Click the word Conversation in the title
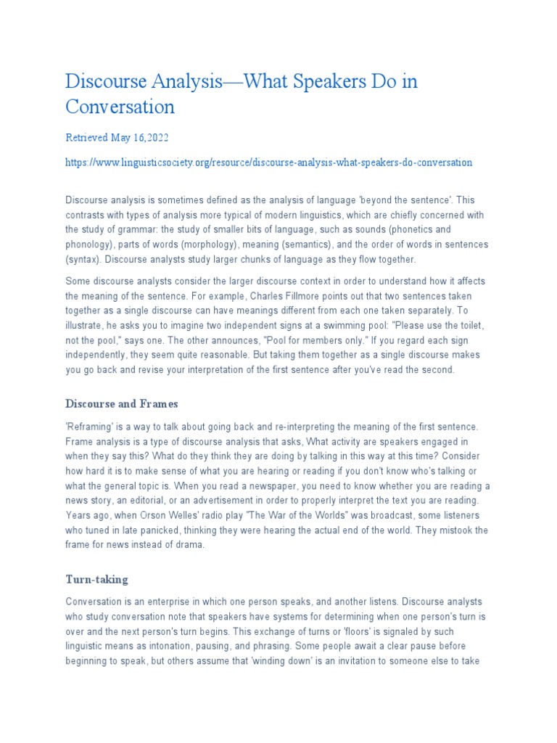pyautogui.click(x=120, y=107)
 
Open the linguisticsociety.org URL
pyautogui.click(x=269, y=163)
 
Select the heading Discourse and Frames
pyautogui.click(x=122, y=403)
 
